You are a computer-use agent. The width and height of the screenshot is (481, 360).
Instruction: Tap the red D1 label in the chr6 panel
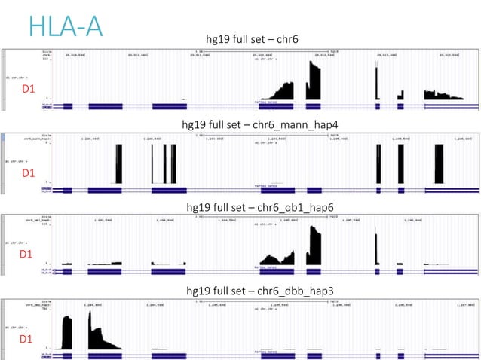point(28,90)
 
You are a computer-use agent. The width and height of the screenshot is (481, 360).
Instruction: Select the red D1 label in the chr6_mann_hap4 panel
point(28,173)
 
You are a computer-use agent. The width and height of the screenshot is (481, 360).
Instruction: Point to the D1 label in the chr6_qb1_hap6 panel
point(26,255)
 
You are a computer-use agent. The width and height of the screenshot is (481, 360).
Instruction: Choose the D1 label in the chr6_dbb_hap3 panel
point(26,340)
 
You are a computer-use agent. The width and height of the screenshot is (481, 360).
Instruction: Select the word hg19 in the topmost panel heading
point(219,39)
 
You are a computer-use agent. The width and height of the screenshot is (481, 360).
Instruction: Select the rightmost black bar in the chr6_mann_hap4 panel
point(439,164)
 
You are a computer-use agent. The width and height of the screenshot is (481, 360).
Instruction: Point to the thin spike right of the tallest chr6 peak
point(375,83)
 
